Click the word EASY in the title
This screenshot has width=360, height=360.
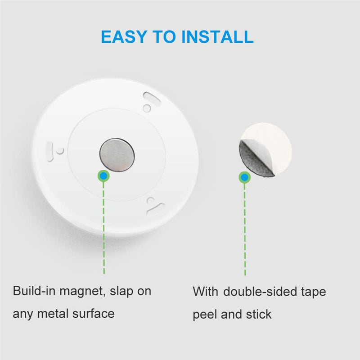pyautogui.click(x=124, y=37)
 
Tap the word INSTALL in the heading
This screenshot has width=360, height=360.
pyautogui.click(x=217, y=37)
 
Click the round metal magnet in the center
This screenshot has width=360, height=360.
pyautogui.click(x=117, y=155)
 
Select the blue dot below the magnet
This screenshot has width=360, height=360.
pyautogui.click(x=103, y=176)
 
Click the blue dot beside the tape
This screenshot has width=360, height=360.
pyautogui.click(x=245, y=177)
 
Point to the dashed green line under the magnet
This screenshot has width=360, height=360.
pyautogui.click(x=104, y=228)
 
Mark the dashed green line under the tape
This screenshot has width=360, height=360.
pyautogui.click(x=245, y=229)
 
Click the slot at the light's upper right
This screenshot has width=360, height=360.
pyautogui.click(x=152, y=99)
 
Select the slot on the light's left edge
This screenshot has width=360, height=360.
pyautogui.click(x=50, y=152)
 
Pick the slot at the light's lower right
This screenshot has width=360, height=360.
pyautogui.click(x=156, y=208)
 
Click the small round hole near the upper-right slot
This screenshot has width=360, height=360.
pyautogui.click(x=147, y=108)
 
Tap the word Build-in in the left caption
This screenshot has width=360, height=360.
pyautogui.click(x=34, y=291)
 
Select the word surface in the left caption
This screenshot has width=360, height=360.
pyautogui.click(x=94, y=314)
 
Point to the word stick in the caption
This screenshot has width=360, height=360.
pyautogui.click(x=259, y=314)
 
